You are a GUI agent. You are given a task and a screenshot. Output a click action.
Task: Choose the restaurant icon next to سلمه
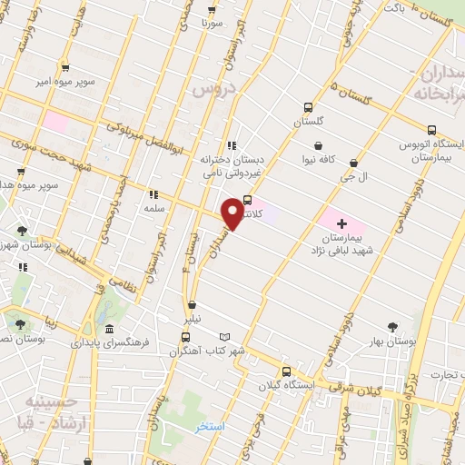click(153, 193)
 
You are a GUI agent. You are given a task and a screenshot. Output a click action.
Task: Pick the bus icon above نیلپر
click(192, 305)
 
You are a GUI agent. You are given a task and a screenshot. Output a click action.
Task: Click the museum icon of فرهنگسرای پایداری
click(110, 328)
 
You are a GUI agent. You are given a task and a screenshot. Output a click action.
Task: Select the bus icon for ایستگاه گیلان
click(287, 371)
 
